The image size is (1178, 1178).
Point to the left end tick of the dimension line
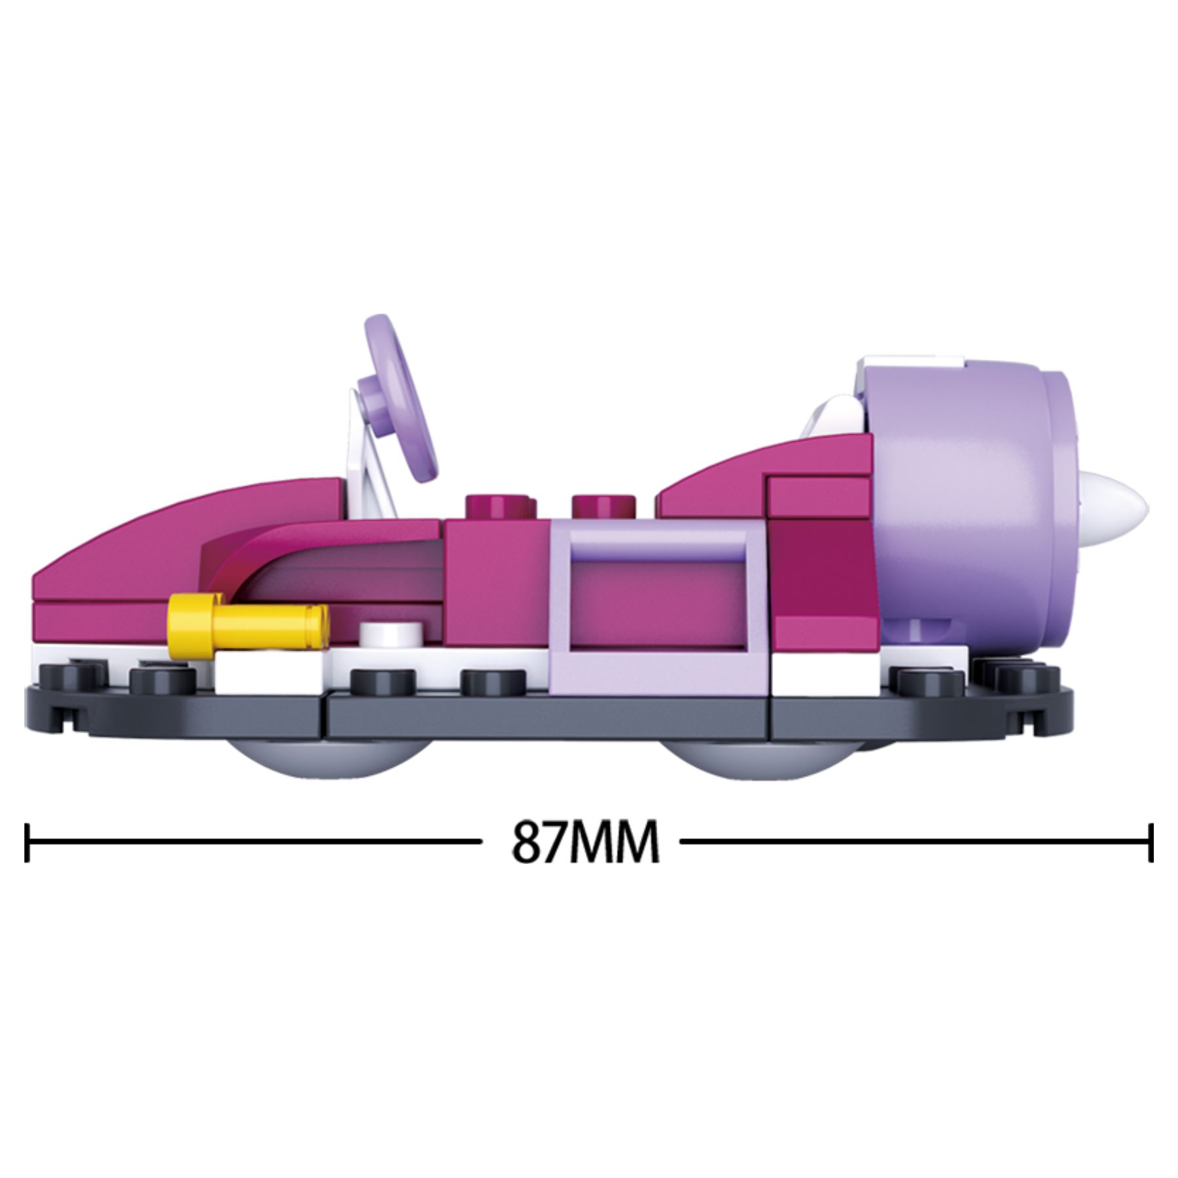(27, 842)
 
